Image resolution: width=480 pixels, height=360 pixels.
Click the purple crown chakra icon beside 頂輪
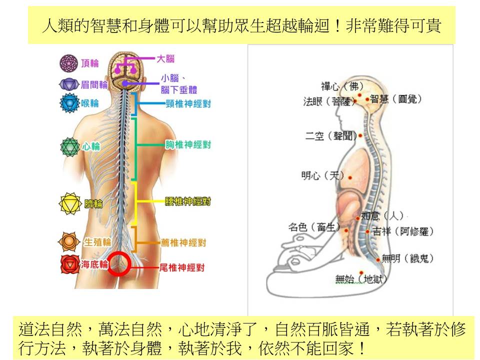pos(68,63)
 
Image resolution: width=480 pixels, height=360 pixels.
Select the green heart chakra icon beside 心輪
pos(69,146)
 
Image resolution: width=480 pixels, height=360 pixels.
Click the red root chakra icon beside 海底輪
pos(69,263)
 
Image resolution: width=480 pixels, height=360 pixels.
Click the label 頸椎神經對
pos(188,103)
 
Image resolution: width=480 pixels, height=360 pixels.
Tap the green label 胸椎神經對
pos(188,145)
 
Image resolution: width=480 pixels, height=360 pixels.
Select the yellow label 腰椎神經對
pos(188,201)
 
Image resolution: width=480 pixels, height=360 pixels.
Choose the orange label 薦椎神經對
pos(183,242)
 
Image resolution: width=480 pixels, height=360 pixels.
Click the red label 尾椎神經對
pos(181,267)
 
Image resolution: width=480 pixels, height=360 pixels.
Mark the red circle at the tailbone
pos(120,263)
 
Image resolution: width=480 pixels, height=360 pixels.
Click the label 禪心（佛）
pos(342,86)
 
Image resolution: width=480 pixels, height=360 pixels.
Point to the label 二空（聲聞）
pos(330,136)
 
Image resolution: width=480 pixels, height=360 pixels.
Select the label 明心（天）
pos(322,175)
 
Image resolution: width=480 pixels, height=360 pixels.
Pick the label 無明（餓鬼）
pos(407,258)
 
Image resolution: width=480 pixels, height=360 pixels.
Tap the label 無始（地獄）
pos(361,279)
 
